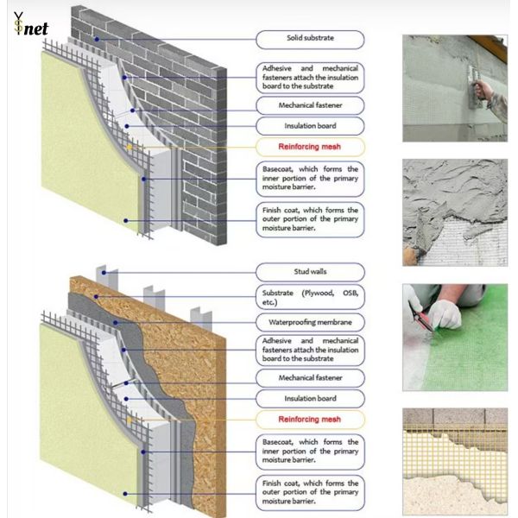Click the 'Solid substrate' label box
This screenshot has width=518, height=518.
pyautogui.click(x=310, y=39)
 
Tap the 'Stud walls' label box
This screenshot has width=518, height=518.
pyautogui.click(x=310, y=272)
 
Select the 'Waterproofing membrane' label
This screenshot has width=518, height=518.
pyautogui.click(x=310, y=322)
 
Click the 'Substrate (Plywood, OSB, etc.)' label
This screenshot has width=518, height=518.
pyautogui.click(x=310, y=297)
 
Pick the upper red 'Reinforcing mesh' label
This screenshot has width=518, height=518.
pyautogui.click(x=310, y=147)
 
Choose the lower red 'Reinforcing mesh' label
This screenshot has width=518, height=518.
pyautogui.click(x=310, y=420)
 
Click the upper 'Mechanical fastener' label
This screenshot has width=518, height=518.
pyautogui.click(x=310, y=105)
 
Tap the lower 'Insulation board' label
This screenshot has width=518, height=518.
pyautogui.click(x=310, y=398)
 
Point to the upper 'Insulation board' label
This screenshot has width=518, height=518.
pyautogui.click(x=310, y=126)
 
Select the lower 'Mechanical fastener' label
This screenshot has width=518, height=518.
pyautogui.click(x=310, y=377)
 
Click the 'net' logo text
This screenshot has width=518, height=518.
pyautogui.click(x=36, y=28)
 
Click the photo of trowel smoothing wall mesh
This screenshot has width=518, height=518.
pyautogui.click(x=454, y=87)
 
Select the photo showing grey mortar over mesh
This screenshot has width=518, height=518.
pyautogui.click(x=454, y=211)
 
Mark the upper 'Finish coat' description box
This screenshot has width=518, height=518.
pyautogui.click(x=310, y=219)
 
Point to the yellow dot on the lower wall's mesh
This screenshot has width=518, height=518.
pyautogui.click(x=127, y=420)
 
